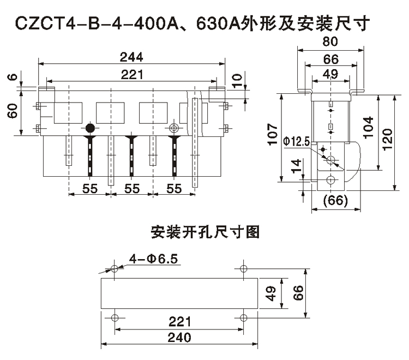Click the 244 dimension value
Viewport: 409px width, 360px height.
tap(133, 57)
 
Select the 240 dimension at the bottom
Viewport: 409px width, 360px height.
tap(179, 338)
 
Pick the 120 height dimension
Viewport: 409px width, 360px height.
tap(387, 141)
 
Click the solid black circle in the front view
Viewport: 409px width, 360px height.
tap(90, 129)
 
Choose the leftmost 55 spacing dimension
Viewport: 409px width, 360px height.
tap(90, 189)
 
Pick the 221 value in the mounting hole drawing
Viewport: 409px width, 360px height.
tap(179, 322)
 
